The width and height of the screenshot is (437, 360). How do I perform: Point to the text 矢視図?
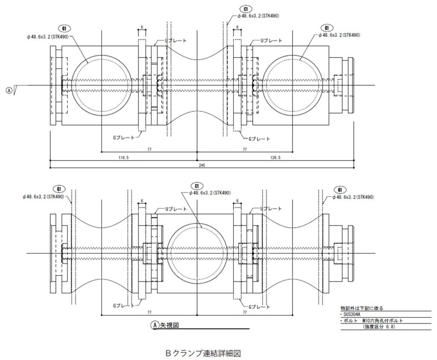[169, 325]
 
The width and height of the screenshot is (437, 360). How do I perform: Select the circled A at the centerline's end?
[9, 90]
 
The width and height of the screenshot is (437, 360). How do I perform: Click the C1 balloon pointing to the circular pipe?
[197, 186]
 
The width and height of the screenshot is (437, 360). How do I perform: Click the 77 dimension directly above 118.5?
[149, 149]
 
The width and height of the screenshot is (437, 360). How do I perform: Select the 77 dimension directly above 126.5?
[245, 149]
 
